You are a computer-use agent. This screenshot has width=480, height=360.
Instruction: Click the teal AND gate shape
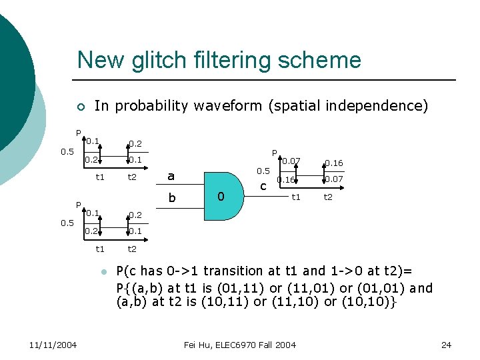[x=227, y=196]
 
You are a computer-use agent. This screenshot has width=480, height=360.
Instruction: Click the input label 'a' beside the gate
[x=171, y=176]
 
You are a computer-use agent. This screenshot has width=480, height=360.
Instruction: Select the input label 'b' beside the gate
[x=171, y=197]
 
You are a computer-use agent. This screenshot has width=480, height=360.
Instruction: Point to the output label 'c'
[x=263, y=186]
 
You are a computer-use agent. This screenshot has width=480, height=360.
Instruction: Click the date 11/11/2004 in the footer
[x=53, y=345]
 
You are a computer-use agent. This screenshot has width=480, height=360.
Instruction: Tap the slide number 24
[x=446, y=345]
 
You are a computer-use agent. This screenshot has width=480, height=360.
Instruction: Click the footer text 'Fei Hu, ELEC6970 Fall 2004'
[x=239, y=345]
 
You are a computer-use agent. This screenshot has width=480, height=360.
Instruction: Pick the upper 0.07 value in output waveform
[x=291, y=161]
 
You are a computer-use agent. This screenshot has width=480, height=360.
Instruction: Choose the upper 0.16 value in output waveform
[x=333, y=163]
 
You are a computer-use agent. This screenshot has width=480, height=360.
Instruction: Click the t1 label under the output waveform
[x=296, y=197]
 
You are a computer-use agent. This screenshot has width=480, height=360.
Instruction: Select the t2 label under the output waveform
[x=329, y=197]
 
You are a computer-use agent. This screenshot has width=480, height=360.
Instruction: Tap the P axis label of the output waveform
[x=273, y=153]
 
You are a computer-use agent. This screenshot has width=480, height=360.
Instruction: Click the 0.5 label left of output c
[x=263, y=171]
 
